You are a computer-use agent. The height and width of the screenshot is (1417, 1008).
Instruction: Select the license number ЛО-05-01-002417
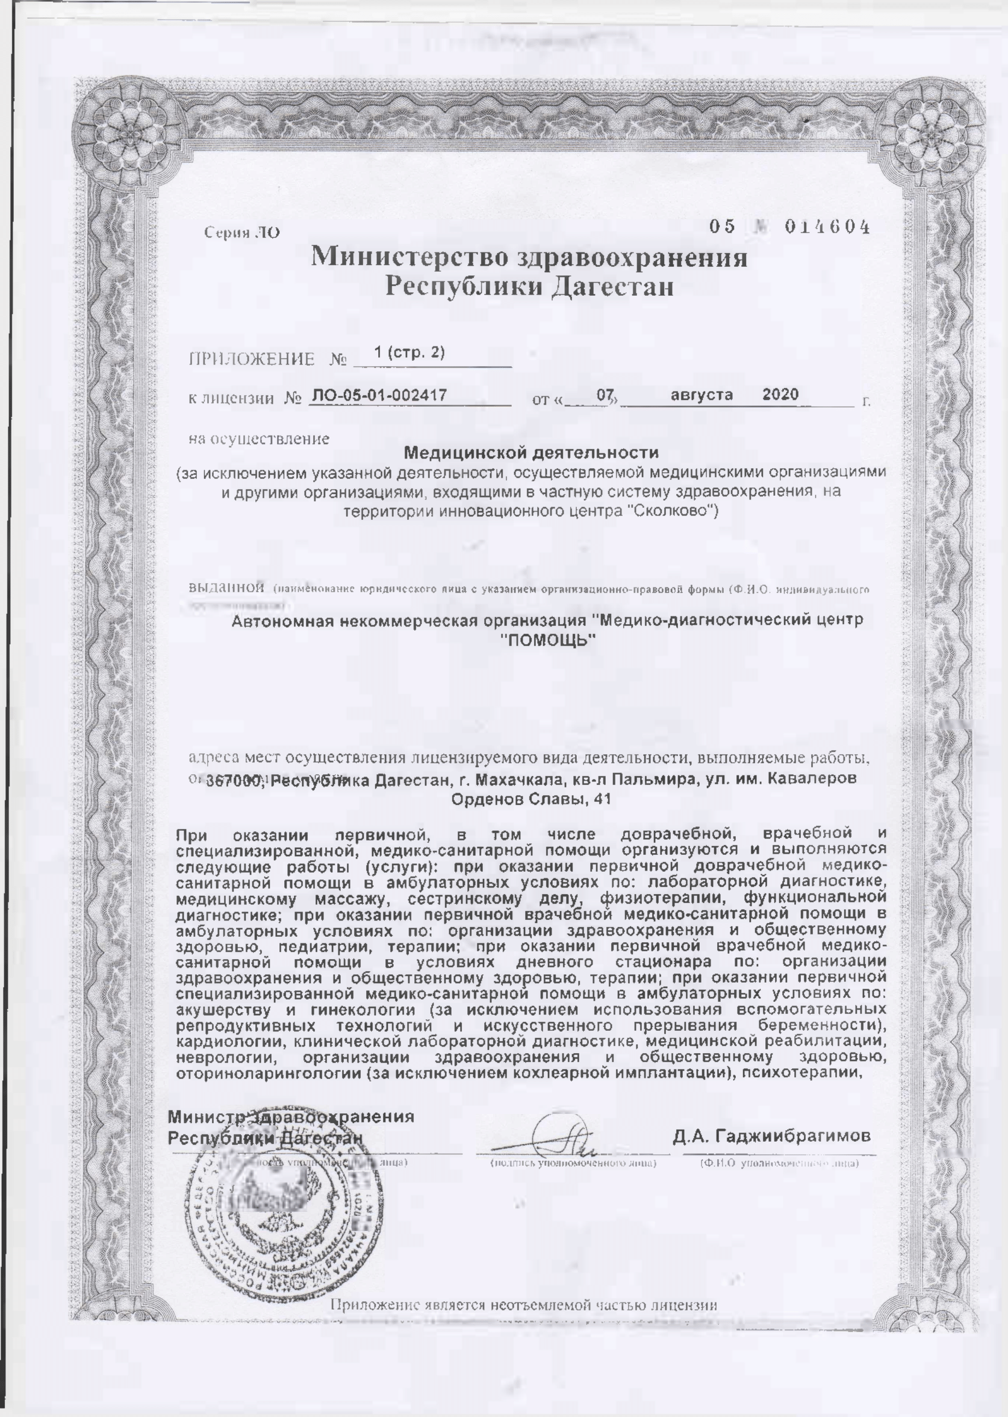[380, 394]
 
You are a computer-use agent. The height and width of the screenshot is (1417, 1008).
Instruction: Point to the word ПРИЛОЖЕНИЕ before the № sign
[251, 360]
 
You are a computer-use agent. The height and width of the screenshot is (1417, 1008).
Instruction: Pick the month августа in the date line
[702, 394]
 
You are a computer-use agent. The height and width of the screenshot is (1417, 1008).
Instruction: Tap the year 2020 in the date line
[780, 393]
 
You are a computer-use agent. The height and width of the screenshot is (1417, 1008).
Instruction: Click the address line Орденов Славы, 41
[530, 799]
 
